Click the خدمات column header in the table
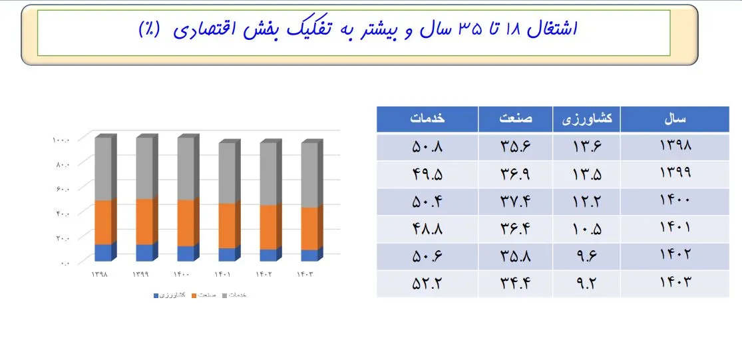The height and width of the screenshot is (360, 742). [427, 120]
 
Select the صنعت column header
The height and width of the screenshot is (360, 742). [516, 120]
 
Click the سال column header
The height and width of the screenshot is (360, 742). [675, 120]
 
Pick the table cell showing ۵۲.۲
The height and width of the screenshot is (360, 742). [427, 283]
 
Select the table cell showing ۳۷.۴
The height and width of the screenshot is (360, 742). [516, 201]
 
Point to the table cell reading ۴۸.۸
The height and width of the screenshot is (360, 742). [427, 228]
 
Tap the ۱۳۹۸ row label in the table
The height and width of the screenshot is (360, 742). [675, 146]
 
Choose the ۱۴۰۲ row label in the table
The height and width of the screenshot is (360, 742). [675, 256]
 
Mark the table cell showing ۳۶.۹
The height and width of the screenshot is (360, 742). [516, 174]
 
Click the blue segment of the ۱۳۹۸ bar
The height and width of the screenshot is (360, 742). [103, 253]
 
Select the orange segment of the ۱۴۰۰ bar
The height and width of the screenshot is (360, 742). [186, 223]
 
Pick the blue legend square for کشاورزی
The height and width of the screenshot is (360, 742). [156, 295]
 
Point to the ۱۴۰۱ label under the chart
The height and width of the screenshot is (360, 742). [223, 274]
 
